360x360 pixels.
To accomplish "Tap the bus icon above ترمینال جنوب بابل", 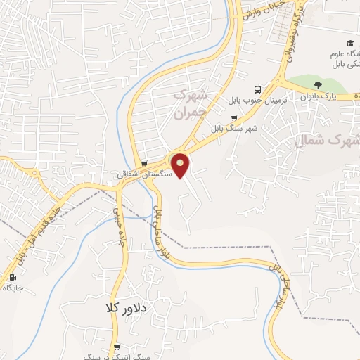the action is coord(257,89).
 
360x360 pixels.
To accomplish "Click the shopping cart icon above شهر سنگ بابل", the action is coord(233,118).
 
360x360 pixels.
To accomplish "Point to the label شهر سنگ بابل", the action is coord(233,129).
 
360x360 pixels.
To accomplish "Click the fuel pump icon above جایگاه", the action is coord(13,278).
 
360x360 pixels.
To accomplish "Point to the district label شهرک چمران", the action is coord(192,103).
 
